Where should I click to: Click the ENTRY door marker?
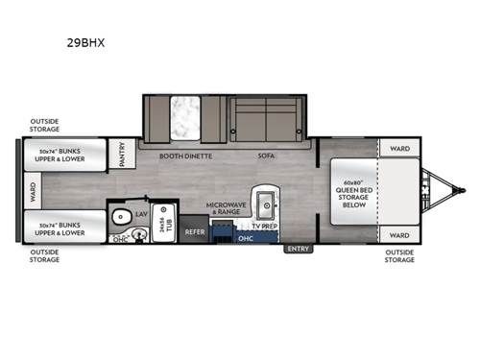click(298, 249)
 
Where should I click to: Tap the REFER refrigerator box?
click(195, 231)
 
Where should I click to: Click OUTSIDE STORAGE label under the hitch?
click(399, 256)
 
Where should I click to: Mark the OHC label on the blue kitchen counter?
click(245, 238)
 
